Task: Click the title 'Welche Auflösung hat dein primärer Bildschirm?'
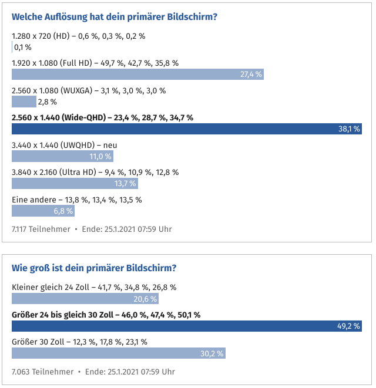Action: (x=115, y=16)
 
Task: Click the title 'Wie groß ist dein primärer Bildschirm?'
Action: (x=94, y=268)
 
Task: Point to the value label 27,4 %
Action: (x=251, y=74)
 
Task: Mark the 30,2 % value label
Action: (x=211, y=353)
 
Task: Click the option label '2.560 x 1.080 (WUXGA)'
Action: (x=49, y=90)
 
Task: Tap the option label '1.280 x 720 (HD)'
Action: (x=40, y=36)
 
